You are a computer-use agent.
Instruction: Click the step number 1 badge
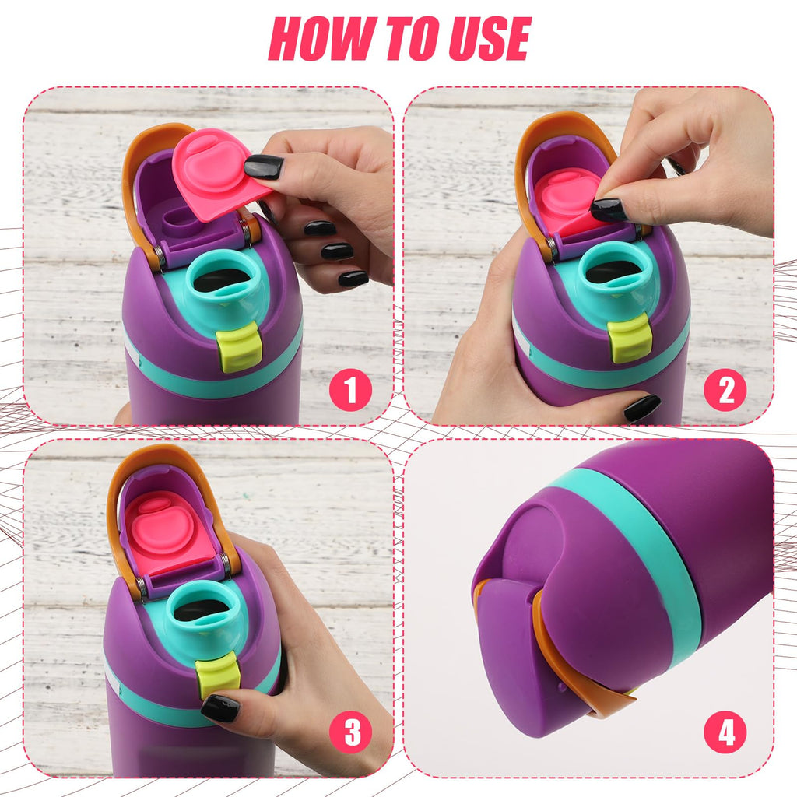pyautogui.click(x=350, y=391)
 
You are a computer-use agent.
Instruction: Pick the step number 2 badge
pyautogui.click(x=725, y=391)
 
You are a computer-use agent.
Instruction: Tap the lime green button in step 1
pyautogui.click(x=238, y=349)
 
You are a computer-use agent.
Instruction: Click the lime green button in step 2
pyautogui.click(x=629, y=338)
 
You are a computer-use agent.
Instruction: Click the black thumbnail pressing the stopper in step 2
pyautogui.click(x=609, y=209)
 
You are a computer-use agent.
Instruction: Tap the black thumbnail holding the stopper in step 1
pyautogui.click(x=264, y=167)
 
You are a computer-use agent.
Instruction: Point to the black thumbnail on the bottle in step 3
pyautogui.click(x=220, y=708)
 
